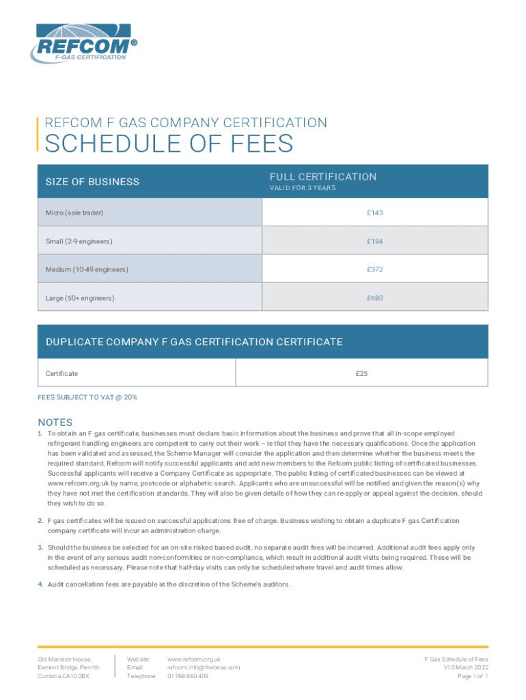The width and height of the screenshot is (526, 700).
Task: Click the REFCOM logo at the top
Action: pos(82,42)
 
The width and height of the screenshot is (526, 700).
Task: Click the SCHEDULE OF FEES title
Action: pos(169,144)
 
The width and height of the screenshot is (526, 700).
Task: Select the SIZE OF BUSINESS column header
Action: pos(92,182)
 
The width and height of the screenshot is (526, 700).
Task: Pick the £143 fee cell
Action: pos(374,213)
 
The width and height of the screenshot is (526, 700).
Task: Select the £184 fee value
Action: pos(374,241)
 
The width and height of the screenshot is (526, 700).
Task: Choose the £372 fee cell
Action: pos(374,270)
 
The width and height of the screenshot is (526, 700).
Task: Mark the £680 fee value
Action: pos(374,298)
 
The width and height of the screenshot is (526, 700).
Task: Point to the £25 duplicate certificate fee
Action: pos(362,374)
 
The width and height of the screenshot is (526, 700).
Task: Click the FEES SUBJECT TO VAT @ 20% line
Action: pos(87,397)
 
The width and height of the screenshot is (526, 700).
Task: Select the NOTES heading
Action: pos(55,422)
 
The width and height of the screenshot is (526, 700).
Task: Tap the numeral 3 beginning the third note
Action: pos(40,548)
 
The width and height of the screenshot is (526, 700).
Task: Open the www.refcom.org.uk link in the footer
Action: pos(194,659)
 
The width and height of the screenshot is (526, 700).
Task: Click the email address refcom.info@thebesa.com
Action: pos(204,667)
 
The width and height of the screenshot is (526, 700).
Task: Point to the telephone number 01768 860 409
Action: pos(188,676)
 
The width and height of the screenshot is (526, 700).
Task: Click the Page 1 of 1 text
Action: pos(472,676)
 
